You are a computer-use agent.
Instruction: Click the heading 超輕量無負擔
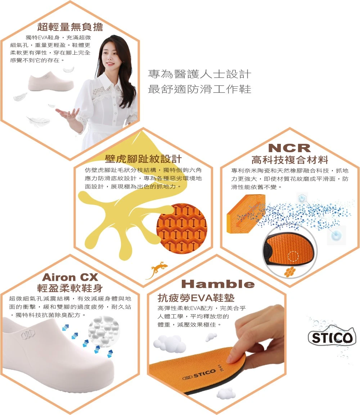70,27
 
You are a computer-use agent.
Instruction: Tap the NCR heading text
289,148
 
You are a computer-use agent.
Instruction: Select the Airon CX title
70,277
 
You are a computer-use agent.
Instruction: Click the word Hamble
218,284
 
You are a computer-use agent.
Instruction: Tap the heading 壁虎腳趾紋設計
143,159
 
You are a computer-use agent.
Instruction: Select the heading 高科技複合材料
290,160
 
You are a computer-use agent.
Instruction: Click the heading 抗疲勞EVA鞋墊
196,298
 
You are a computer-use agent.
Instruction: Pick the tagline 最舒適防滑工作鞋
199,89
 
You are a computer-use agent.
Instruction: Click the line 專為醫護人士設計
199,74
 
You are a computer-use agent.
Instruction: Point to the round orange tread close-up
181,228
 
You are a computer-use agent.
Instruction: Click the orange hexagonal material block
246,214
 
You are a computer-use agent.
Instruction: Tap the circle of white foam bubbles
104,331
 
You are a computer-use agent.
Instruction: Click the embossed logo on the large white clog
28,334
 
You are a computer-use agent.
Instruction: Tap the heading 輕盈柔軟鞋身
70,288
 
